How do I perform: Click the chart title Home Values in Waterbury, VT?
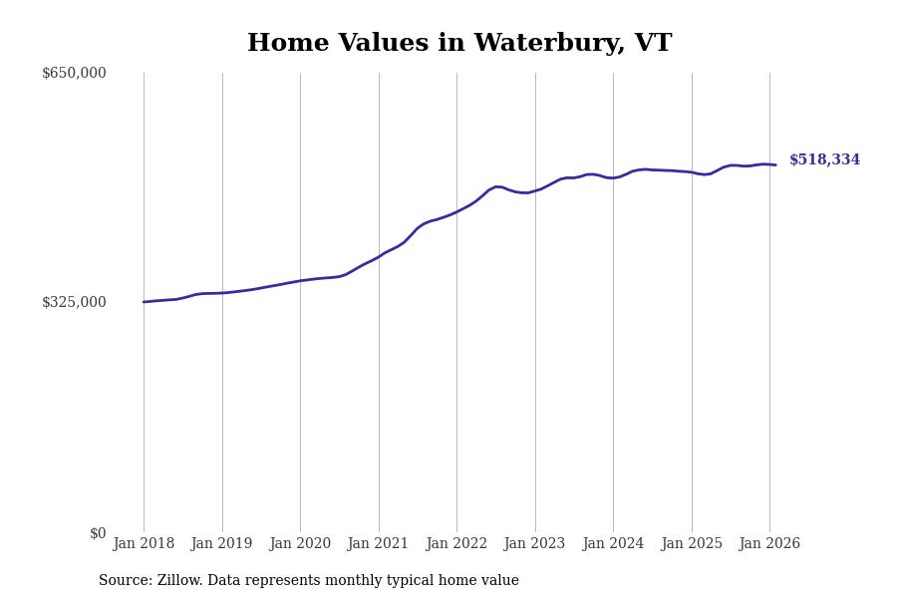[x=459, y=44]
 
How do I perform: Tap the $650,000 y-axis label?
[x=74, y=73]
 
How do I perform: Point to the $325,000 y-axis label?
[x=74, y=302]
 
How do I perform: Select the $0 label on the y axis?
[x=98, y=533]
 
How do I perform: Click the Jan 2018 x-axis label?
[x=144, y=544]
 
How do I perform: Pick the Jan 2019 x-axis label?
[x=222, y=544]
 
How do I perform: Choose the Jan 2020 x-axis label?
[x=300, y=544]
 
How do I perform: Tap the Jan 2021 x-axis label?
[x=379, y=544]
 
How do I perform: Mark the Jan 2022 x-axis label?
[x=456, y=544]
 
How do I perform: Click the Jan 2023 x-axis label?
[x=535, y=544]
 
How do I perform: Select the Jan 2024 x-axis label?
[x=613, y=544]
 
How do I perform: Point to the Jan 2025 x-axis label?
[x=692, y=544]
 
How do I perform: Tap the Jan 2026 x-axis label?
[x=769, y=544]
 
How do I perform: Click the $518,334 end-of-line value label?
[x=824, y=160]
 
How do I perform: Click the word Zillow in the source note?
[x=178, y=581]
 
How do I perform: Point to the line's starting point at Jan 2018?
[x=144, y=302]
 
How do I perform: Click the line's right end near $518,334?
[x=775, y=164]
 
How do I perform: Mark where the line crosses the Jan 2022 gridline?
[x=456, y=211]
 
